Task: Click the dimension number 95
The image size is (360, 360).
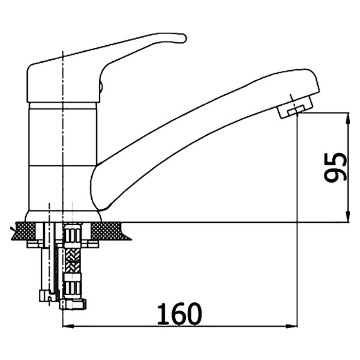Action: [335, 167]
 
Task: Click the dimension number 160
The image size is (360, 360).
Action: [179, 314]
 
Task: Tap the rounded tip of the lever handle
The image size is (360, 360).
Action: [183, 38]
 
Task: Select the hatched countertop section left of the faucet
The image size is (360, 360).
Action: [25, 231]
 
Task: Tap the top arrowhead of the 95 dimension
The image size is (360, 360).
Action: [348, 118]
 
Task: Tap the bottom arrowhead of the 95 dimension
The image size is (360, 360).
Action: [348, 217]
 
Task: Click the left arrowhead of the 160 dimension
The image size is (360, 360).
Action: [68, 326]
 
